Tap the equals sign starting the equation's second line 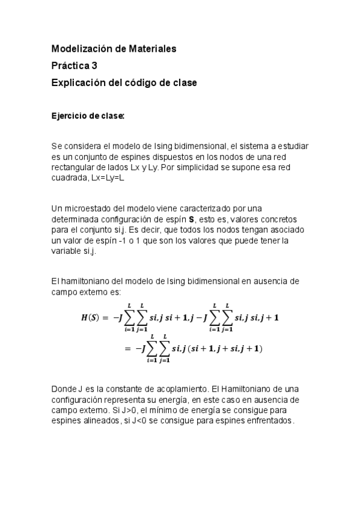coord(127,348)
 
